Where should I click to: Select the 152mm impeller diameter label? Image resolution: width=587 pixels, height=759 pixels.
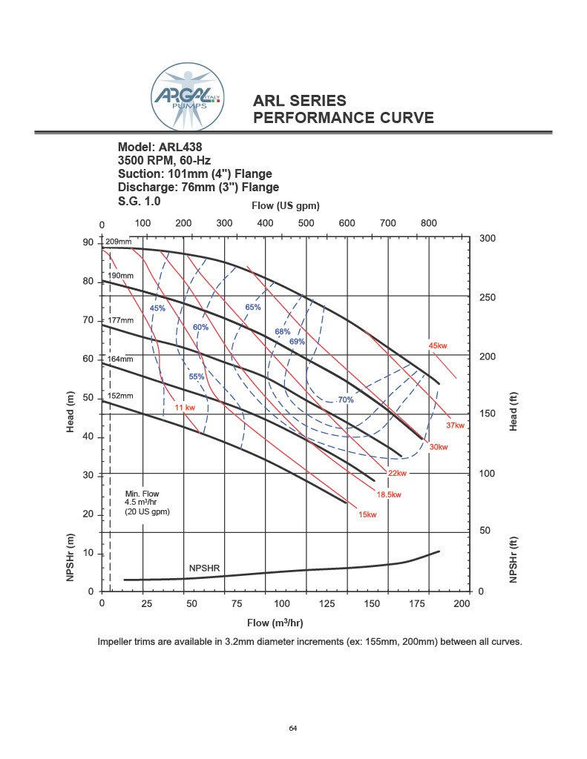[x=119, y=396]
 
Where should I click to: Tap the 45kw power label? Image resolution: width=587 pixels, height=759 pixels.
[x=438, y=345]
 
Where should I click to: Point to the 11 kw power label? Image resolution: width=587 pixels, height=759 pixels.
[x=185, y=408]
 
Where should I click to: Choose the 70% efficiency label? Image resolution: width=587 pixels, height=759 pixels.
[x=346, y=400]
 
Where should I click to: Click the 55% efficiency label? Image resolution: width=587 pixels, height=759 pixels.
[x=196, y=377]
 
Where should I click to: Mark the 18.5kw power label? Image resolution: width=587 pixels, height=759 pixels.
[x=389, y=494]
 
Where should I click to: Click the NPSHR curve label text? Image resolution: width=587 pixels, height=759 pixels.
[x=204, y=568]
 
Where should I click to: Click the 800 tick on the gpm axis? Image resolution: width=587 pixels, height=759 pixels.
[x=428, y=223]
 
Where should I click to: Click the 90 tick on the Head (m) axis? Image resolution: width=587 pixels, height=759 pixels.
[x=88, y=243]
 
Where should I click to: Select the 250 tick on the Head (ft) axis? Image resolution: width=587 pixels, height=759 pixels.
[x=487, y=297]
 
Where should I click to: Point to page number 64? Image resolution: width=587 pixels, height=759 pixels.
[x=293, y=729]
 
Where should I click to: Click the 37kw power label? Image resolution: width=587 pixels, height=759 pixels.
[x=455, y=425]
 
